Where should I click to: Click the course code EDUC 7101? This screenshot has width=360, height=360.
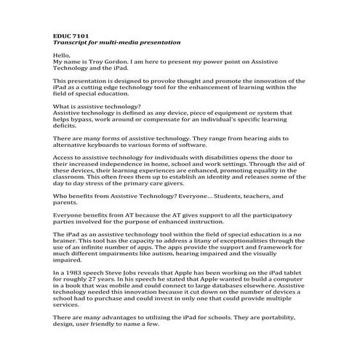71,35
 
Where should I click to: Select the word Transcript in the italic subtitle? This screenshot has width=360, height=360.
71,42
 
